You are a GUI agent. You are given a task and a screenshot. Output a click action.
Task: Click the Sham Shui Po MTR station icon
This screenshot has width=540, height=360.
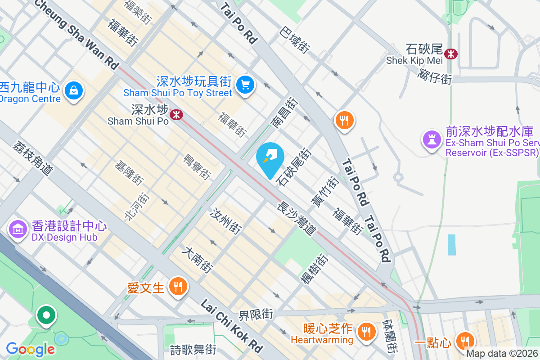point(176,115)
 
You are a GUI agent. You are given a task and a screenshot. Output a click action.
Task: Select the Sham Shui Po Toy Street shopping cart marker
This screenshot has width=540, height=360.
point(245,84)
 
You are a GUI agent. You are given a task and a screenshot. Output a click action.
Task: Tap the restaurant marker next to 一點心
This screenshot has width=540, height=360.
point(464,341)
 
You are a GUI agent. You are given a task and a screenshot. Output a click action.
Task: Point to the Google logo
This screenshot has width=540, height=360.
point(30,349)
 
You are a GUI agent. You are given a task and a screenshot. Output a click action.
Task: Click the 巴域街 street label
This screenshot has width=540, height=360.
point(295,40)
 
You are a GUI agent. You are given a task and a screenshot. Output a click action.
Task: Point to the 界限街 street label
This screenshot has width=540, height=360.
point(256,313)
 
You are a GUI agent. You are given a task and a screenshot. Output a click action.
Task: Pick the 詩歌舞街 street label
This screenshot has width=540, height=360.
point(193,349)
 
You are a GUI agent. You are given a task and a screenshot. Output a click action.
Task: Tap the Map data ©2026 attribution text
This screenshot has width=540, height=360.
point(502,354)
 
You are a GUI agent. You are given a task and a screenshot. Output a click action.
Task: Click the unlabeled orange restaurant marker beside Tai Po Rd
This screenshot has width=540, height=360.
point(345,120)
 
